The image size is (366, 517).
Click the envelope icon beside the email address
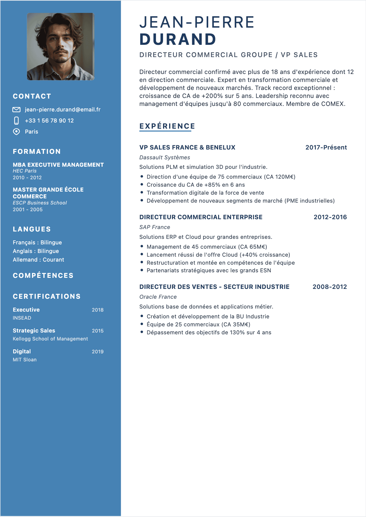16,110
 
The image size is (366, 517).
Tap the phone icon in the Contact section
17,121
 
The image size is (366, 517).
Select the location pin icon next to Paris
16,132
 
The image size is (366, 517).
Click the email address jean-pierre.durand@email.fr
62,110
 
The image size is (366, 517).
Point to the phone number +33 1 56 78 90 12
49,121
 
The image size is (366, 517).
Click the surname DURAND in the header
178,39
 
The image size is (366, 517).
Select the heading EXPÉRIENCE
167,126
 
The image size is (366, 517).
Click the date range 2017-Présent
326,147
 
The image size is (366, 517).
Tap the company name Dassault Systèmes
165,157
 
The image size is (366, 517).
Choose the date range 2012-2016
330,217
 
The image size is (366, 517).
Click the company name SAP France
154,227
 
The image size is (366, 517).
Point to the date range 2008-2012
329,287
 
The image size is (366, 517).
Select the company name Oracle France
158,297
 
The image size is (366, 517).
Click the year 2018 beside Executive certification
97,310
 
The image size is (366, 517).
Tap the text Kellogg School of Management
50,339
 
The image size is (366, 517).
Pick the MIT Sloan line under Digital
25,360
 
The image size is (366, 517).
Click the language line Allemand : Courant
38,260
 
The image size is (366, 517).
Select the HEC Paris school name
25,171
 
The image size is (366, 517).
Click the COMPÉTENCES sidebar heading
43,276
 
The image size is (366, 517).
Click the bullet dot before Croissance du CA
142,185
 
